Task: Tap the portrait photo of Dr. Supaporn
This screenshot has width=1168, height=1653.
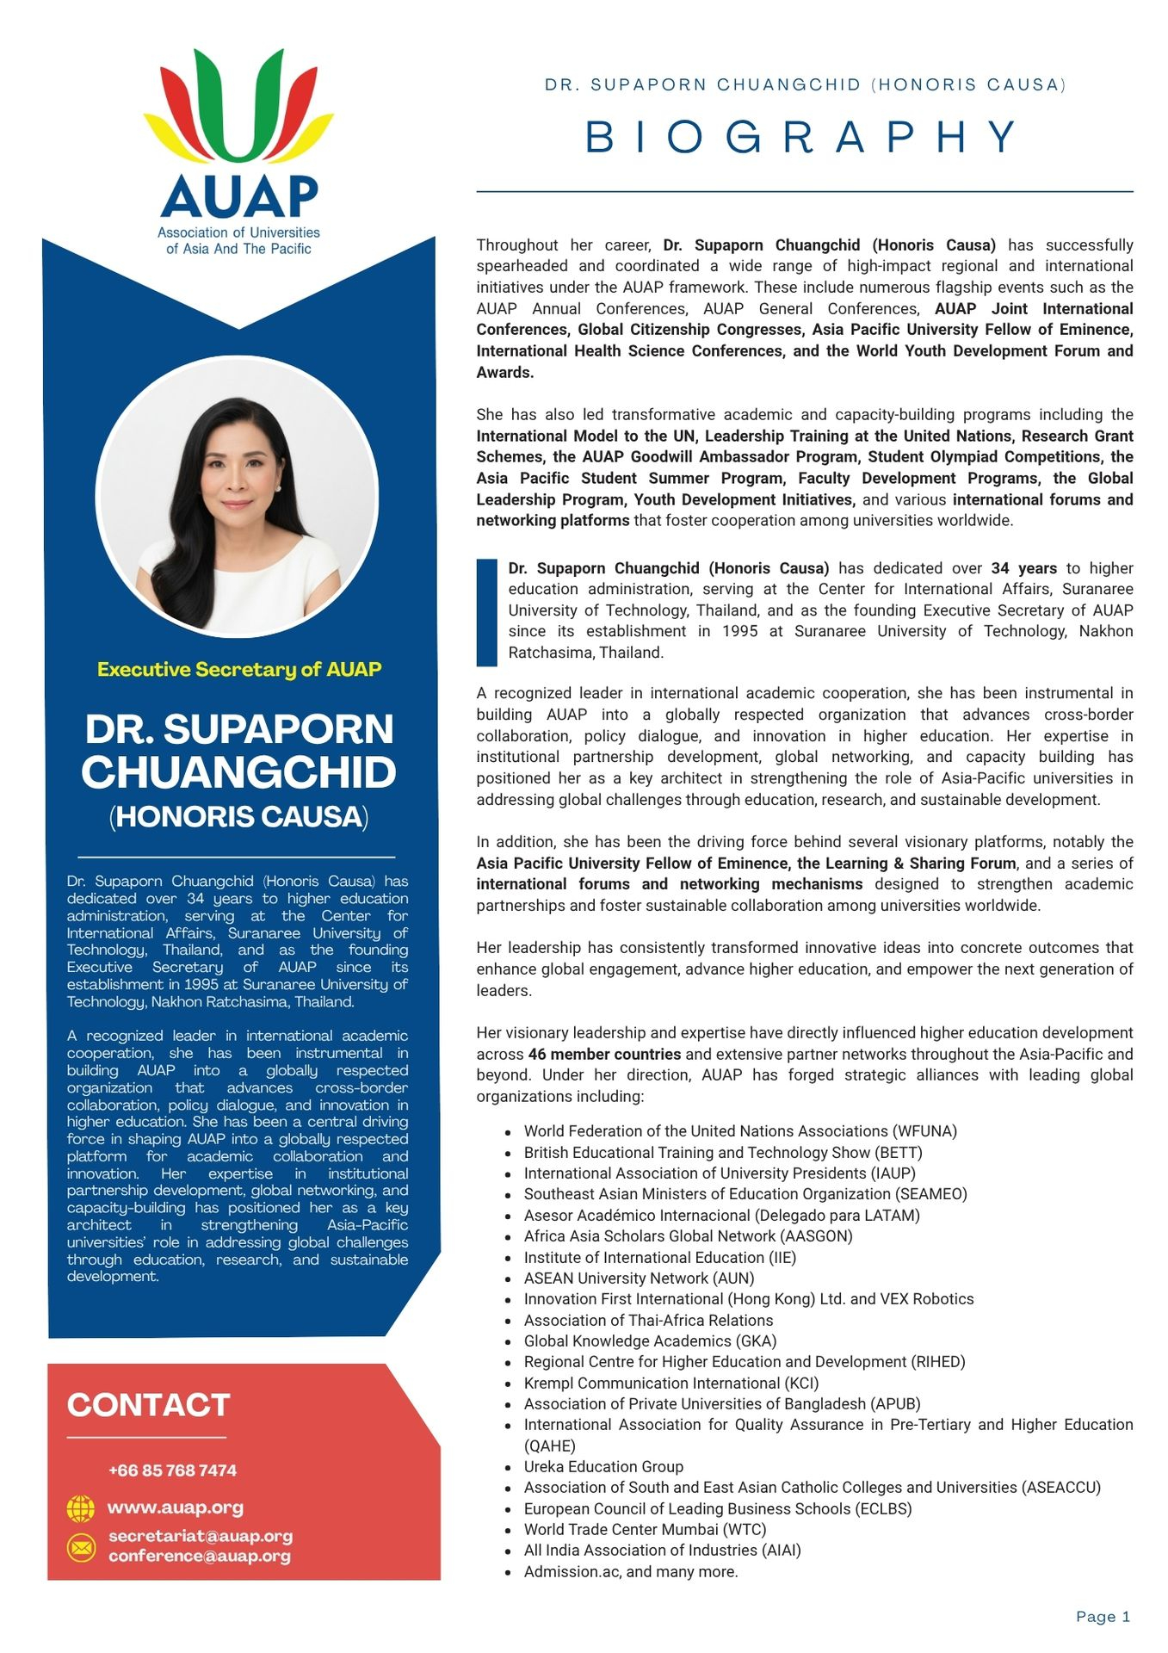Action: tap(237, 497)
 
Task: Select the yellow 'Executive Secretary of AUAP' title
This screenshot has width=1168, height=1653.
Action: tap(238, 669)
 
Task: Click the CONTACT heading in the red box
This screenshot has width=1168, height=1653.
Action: tap(148, 1405)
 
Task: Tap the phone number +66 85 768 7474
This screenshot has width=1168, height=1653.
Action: tap(172, 1470)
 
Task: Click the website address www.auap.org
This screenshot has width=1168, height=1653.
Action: tap(175, 1508)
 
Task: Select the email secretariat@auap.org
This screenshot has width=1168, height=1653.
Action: tap(200, 1536)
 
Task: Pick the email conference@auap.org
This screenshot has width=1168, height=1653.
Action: tap(199, 1556)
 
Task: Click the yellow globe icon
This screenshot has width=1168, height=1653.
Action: tap(80, 1508)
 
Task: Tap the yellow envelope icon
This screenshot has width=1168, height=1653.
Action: tap(80, 1547)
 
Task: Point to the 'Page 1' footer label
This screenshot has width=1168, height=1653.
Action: tap(1103, 1617)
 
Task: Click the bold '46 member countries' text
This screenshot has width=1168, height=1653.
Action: tap(604, 1054)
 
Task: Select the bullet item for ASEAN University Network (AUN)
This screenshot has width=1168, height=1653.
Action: tap(639, 1278)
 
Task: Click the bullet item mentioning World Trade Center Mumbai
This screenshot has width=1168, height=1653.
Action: tap(645, 1529)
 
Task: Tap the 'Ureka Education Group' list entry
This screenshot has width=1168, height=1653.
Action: tap(603, 1466)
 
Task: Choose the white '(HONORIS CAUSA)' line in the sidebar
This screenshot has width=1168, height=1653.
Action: tap(238, 816)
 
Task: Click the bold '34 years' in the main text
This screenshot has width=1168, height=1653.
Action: tap(1023, 568)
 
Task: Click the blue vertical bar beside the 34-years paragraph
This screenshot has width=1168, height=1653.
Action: tap(486, 612)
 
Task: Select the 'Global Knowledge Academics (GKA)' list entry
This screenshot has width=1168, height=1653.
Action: tap(650, 1340)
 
